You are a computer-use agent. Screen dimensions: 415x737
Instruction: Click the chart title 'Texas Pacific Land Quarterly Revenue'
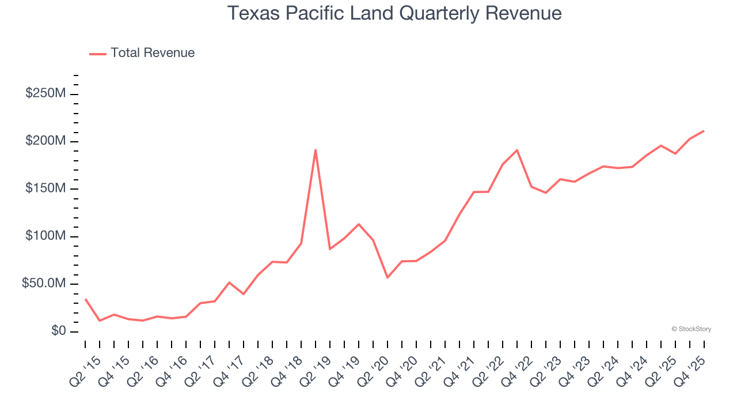394,13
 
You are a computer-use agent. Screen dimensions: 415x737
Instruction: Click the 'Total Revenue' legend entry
153,53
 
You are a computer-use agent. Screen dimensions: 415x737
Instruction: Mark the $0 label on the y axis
58,331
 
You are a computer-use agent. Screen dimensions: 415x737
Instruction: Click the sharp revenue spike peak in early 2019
316,150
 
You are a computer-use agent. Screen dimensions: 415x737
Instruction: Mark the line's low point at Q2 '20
388,277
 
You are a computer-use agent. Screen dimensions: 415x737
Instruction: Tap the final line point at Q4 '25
704,131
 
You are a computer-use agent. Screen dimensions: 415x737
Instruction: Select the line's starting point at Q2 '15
85,299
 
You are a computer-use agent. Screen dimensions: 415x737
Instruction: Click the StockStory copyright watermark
691,329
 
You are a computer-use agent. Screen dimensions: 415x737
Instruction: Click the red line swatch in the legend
98,54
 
